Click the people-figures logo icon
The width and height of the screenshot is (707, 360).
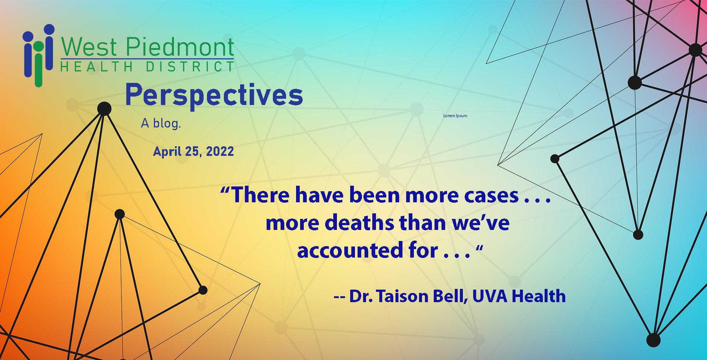click(39, 55)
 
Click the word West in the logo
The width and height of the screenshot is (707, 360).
click(89, 47)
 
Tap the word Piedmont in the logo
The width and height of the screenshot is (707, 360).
click(180, 47)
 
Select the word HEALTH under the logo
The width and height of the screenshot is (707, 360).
click(97, 67)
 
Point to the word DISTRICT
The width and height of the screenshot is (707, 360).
click(190, 67)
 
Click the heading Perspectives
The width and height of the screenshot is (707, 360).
click(214, 95)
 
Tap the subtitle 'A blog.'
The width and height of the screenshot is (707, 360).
click(161, 123)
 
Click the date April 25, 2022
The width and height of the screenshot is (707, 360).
click(193, 151)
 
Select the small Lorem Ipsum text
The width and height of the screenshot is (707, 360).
click(455, 116)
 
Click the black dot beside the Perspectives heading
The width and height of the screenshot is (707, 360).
click(104, 109)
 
